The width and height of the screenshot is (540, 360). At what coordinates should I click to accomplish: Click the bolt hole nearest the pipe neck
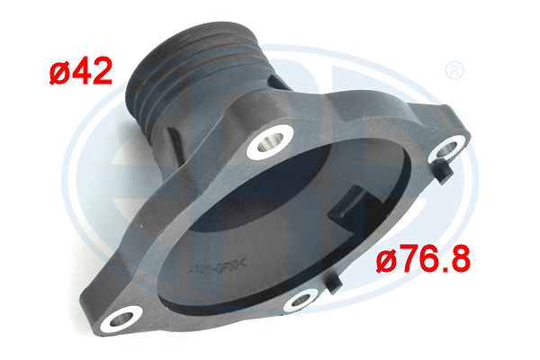point(271,140)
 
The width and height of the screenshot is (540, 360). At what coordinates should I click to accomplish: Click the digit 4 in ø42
point(78,71)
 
